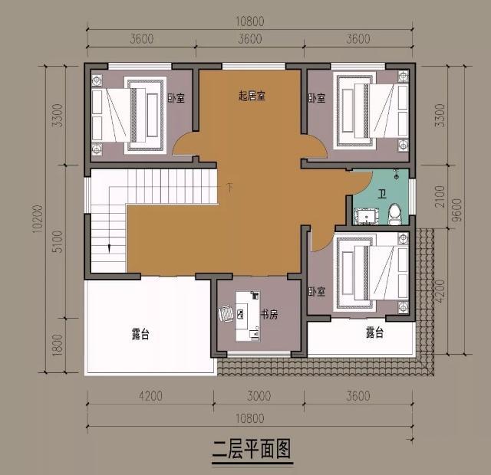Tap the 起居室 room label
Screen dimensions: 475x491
click(x=252, y=96)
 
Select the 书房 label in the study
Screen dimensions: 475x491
click(x=269, y=313)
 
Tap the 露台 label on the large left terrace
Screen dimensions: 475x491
click(x=140, y=334)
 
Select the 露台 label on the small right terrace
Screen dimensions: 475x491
click(x=374, y=332)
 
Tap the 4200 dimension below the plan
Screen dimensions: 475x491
click(x=150, y=396)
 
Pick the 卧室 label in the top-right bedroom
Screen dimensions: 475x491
click(x=317, y=98)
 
